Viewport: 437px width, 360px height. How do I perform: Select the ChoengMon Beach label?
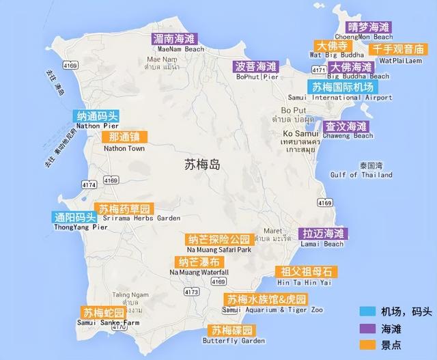(368, 27)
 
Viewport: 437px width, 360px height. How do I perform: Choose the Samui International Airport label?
(352, 87)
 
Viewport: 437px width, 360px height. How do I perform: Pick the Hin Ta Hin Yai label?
(302, 271)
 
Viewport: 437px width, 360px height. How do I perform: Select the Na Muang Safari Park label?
(220, 240)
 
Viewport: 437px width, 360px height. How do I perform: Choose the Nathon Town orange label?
(124, 138)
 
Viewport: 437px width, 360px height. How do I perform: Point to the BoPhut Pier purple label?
(257, 67)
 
